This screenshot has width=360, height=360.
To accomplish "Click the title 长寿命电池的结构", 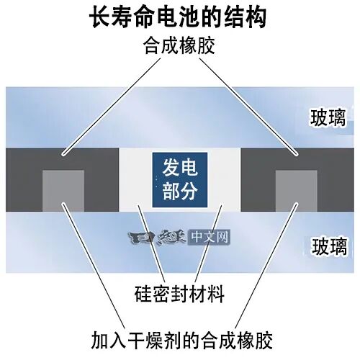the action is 178,18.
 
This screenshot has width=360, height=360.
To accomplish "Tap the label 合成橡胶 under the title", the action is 179,45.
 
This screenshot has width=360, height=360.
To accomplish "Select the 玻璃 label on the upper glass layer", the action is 328,117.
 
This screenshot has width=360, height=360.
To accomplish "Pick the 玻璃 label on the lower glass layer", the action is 329,246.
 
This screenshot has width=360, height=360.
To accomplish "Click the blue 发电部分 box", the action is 180,180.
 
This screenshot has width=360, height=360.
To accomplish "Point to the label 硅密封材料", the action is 179,294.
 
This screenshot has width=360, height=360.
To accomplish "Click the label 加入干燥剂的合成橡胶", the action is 181,340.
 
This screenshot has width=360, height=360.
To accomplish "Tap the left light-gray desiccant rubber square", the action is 63,191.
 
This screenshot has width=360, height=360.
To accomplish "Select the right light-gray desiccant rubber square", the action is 297,191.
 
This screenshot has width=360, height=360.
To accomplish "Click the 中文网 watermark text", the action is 210,237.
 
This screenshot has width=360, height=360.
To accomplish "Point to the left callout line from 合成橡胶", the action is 112,107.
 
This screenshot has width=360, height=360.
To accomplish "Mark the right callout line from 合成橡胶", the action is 248,107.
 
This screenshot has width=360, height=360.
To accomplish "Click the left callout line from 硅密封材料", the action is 151,243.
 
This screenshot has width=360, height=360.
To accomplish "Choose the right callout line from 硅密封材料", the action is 208,243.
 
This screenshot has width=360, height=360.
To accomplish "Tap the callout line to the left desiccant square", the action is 94,266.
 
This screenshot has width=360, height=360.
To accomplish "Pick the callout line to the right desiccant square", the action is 266,266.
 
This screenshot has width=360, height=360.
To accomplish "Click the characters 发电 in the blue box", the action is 180,168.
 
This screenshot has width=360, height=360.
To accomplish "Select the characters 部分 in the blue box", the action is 180,192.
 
